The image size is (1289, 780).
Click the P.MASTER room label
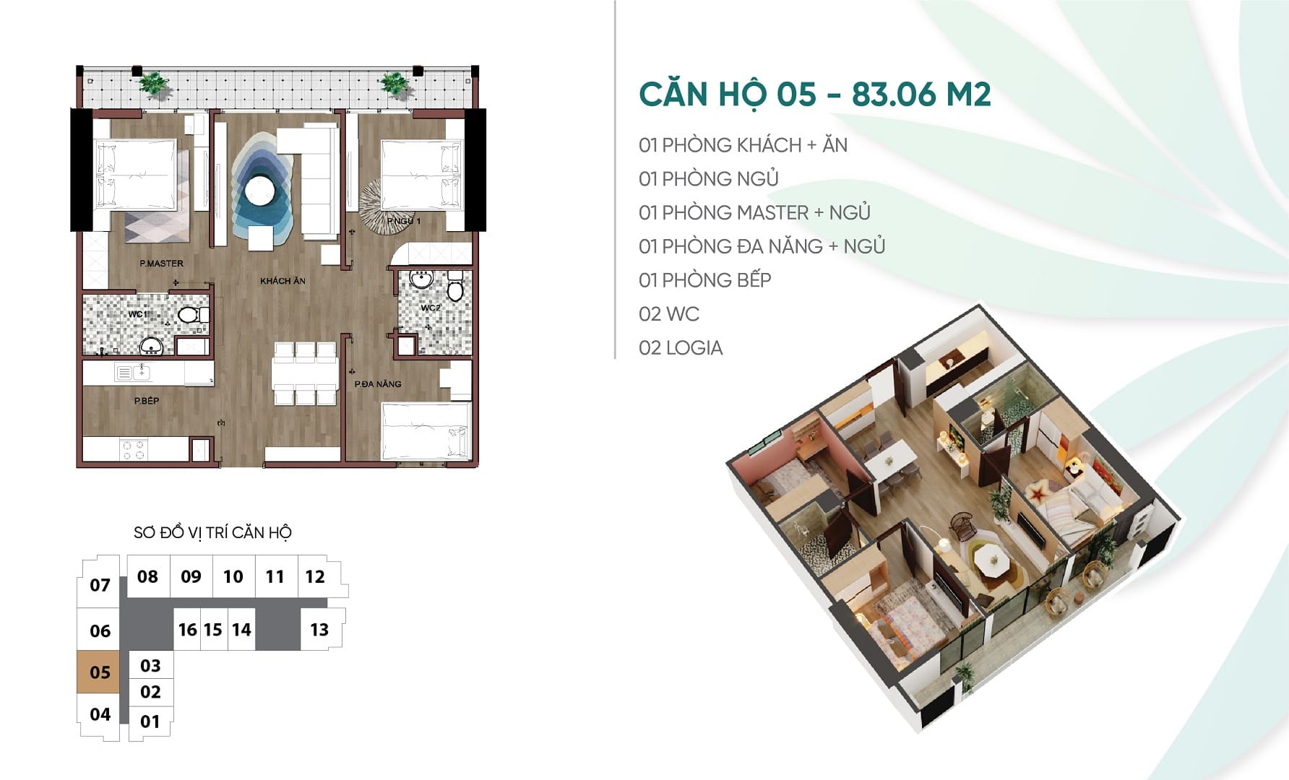161,264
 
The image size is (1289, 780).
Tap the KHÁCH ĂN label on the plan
283,281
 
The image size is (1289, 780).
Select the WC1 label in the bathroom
137,314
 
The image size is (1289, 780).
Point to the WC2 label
430,308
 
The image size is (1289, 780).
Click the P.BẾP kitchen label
146,401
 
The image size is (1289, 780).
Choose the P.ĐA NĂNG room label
377,384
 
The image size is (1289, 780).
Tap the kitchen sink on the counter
134,373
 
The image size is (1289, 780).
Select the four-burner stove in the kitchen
133,449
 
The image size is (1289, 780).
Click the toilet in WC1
191,315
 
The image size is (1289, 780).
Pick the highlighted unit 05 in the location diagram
99,672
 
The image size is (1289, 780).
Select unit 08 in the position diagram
148,576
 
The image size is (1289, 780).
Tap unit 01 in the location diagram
150,721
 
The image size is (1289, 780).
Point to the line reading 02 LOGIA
681,348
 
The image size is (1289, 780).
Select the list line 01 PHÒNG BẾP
705,280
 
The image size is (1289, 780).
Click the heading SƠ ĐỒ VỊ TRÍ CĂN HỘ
212,533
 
